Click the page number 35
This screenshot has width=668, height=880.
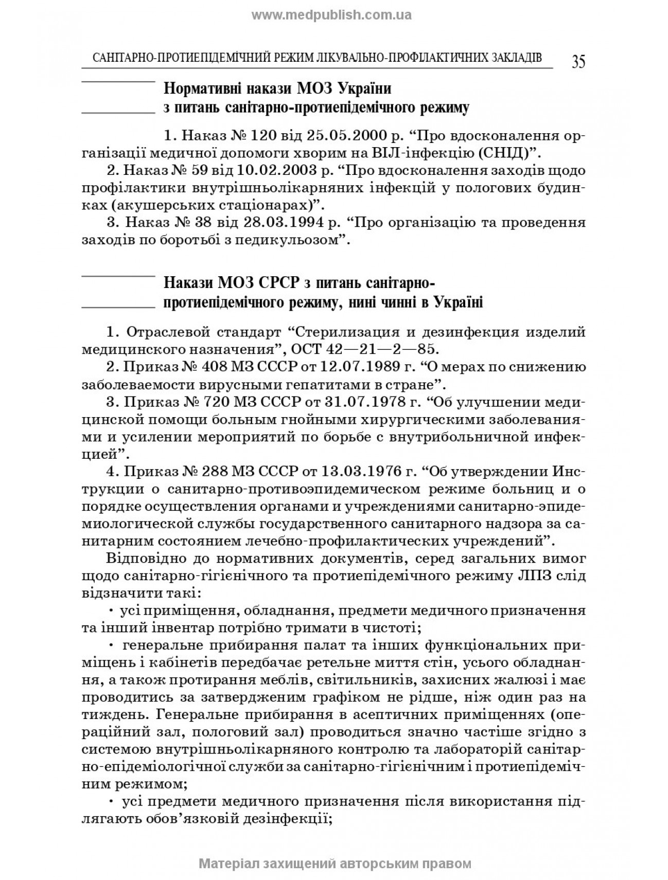pyautogui.click(x=578, y=62)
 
